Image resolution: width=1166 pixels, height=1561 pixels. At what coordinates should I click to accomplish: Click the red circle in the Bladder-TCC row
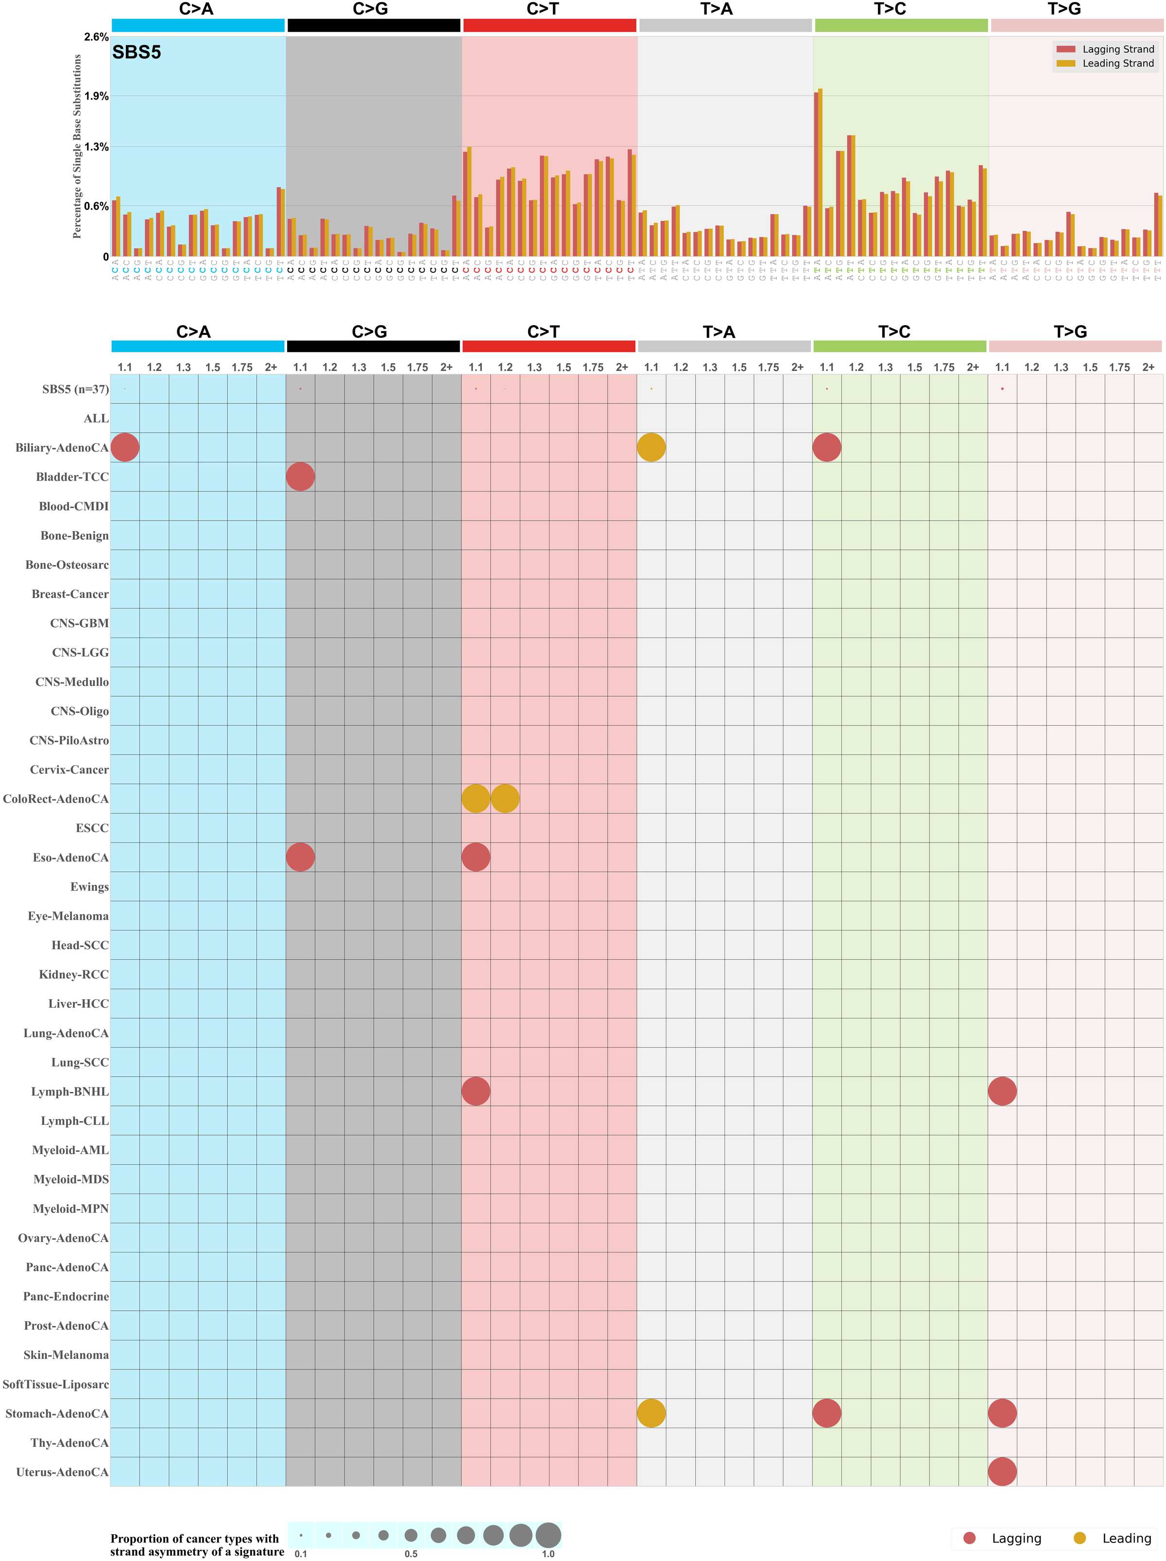(301, 476)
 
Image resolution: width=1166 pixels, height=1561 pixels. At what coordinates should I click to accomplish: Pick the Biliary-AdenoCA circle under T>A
(651, 447)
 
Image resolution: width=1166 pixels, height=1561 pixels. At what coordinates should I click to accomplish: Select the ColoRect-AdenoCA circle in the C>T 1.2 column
(505, 798)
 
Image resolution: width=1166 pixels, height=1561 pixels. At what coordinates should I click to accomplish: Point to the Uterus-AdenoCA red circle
(1002, 1472)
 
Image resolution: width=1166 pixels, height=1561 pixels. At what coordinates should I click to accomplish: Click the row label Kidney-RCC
(73, 975)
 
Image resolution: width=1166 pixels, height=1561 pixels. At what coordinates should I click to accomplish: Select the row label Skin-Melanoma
(66, 1355)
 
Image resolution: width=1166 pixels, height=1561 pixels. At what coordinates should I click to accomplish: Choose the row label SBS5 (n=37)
(75, 389)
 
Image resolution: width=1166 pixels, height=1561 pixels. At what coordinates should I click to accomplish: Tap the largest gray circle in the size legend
(548, 1534)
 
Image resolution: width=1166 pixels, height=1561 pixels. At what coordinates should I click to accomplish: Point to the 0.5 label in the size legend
(411, 1553)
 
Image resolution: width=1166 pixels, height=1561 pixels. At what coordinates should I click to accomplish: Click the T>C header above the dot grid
(894, 332)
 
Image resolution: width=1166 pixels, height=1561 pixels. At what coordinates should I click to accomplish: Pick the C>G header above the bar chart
(370, 9)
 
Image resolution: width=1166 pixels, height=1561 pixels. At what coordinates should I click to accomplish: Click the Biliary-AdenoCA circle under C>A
(125, 447)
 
